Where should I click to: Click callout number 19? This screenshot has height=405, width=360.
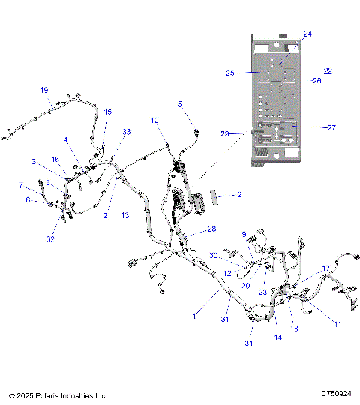click(x=43, y=89)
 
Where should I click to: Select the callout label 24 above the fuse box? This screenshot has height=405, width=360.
click(x=307, y=34)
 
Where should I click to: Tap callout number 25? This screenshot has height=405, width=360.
click(x=230, y=73)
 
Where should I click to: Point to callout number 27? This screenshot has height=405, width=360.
click(x=331, y=128)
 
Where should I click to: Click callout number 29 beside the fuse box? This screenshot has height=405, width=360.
click(x=224, y=133)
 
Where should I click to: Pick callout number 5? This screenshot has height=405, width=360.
click(x=179, y=103)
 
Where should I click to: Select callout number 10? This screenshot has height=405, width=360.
click(x=154, y=120)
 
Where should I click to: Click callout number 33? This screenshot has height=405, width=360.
click(x=126, y=132)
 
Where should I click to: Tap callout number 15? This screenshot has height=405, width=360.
click(x=107, y=112)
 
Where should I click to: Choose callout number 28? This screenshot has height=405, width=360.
click(x=211, y=229)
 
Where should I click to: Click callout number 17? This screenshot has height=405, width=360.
click(x=326, y=268)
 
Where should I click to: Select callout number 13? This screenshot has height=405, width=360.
click(x=125, y=215)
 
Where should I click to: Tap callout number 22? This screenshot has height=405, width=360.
click(x=328, y=70)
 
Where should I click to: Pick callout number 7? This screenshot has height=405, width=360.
click(x=20, y=185)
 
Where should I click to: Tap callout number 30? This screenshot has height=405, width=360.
click(x=214, y=256)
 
